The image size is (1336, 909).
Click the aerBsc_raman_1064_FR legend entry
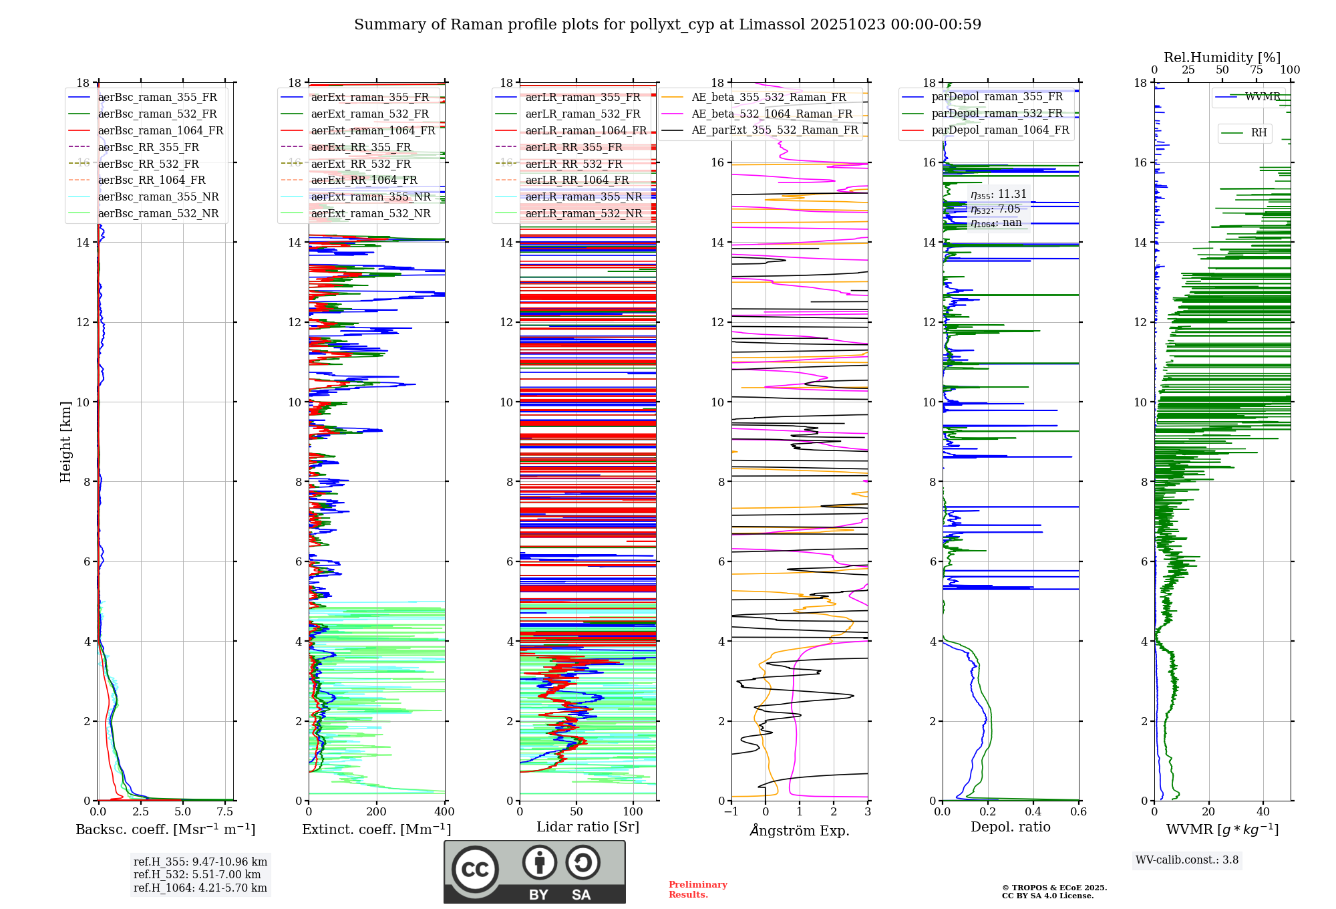pyautogui.click(x=160, y=130)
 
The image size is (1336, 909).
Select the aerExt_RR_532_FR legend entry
pyautogui.click(x=361, y=164)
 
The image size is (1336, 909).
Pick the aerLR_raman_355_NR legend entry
pyautogui.click(x=583, y=197)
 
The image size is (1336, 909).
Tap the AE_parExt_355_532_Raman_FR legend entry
pyautogui.click(x=774, y=130)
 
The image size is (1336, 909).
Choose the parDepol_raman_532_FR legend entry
pyautogui.click(x=997, y=114)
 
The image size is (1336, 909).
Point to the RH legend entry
pyautogui.click(x=1259, y=133)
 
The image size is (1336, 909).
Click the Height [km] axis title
pyautogui.click(x=65, y=442)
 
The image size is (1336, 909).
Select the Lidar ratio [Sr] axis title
pyautogui.click(x=588, y=827)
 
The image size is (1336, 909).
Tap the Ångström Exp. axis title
pyautogui.click(x=800, y=830)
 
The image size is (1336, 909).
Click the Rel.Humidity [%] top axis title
pyautogui.click(x=1222, y=57)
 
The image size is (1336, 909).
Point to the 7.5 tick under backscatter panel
pyautogui.click(x=225, y=812)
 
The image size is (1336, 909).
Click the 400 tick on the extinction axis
pyautogui.click(x=444, y=812)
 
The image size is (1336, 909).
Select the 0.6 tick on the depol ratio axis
pyautogui.click(x=1078, y=812)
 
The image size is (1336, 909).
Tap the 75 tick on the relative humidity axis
pyautogui.click(x=1257, y=70)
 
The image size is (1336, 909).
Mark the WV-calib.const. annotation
pyautogui.click(x=1187, y=860)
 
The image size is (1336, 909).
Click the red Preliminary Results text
pyautogui.click(x=697, y=890)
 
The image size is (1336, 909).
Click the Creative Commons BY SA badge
pyautogui.click(x=534, y=872)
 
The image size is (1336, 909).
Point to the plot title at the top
pyautogui.click(x=667, y=25)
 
